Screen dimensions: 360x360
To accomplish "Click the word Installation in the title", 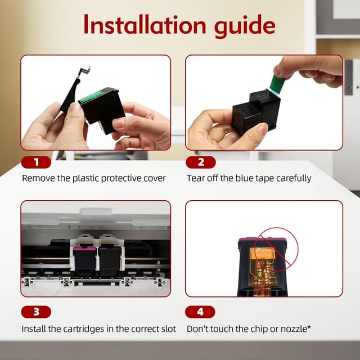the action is click(145, 24).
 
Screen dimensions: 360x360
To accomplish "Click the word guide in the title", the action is click(245, 26).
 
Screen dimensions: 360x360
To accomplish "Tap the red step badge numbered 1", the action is click(36, 162).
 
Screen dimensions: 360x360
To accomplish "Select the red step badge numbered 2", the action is click(201, 162).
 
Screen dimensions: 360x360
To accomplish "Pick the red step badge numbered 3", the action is click(36, 312).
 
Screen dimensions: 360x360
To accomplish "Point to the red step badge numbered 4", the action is click(200, 312).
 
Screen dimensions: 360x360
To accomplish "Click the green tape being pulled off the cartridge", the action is click(276, 84).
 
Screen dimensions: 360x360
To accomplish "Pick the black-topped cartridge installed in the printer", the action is click(110, 260).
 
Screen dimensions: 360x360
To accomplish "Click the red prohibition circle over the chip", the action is click(276, 250).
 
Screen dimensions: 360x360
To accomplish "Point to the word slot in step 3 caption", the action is click(168, 329).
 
